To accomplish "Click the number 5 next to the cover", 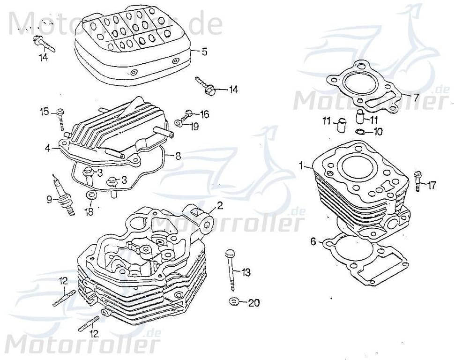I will coord(204,52).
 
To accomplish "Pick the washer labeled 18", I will coord(90,196).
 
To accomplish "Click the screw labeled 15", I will coord(61,118).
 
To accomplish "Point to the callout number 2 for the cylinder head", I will coord(220,205).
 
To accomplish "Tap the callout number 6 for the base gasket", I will coord(313,242).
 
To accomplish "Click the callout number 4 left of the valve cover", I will coord(48,148).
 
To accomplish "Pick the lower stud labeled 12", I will coord(89,323).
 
